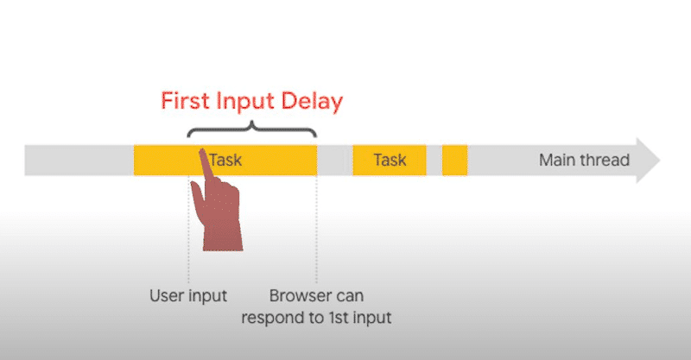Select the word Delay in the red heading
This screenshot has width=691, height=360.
[314, 100]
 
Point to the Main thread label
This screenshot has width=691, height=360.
[584, 160]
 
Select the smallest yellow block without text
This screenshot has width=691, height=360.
[454, 161]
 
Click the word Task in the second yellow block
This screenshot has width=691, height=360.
[390, 160]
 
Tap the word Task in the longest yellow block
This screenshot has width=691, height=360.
[225, 160]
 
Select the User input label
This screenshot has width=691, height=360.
[187, 296]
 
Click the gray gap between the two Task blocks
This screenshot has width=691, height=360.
[334, 161]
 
